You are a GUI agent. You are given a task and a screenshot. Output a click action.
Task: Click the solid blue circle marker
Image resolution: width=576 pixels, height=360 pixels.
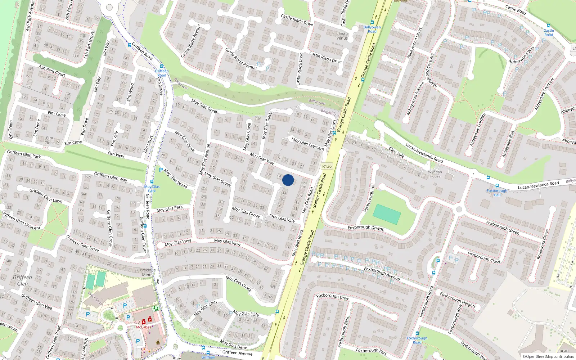(x=288, y=180)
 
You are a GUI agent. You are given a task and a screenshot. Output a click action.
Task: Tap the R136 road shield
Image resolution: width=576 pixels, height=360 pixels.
(x=327, y=166)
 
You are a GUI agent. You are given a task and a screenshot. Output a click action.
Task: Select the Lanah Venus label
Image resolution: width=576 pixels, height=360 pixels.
(x=342, y=36)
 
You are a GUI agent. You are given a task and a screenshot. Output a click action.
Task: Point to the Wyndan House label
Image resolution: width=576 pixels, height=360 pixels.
(x=435, y=174)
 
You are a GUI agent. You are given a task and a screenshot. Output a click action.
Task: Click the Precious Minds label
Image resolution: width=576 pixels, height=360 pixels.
(x=148, y=272)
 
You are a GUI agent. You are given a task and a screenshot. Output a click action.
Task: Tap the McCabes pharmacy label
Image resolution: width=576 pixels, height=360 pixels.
(x=144, y=327)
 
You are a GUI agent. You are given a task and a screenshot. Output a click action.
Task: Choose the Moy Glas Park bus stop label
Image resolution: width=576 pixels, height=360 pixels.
(x=152, y=189)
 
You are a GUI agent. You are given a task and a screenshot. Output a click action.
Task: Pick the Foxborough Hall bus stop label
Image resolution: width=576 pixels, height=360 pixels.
(x=497, y=193)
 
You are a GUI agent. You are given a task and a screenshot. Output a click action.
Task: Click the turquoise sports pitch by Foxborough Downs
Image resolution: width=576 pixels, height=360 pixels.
(x=387, y=214)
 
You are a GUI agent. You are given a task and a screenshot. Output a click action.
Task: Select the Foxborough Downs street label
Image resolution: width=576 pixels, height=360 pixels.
(x=366, y=228)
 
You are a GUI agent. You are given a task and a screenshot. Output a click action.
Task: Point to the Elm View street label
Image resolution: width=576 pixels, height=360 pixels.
(x=116, y=154)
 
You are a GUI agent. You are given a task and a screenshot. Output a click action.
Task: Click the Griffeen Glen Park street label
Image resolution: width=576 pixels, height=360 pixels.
(x=24, y=154)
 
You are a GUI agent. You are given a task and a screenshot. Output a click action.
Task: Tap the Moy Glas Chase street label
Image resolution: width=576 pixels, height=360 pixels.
(x=239, y=283)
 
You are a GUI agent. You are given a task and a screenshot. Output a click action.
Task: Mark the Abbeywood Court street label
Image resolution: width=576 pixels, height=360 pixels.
(x=414, y=43)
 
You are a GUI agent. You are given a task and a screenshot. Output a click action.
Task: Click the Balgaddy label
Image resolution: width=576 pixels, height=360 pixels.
(x=328, y=112)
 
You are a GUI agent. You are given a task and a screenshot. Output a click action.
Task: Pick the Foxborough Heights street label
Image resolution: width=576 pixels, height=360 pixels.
(x=458, y=300)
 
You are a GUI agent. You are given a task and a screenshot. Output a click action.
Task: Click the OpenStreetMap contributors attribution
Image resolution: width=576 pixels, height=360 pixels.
(x=548, y=357)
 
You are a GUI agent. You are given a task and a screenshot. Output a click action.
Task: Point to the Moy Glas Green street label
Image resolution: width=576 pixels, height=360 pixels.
(x=205, y=106)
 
